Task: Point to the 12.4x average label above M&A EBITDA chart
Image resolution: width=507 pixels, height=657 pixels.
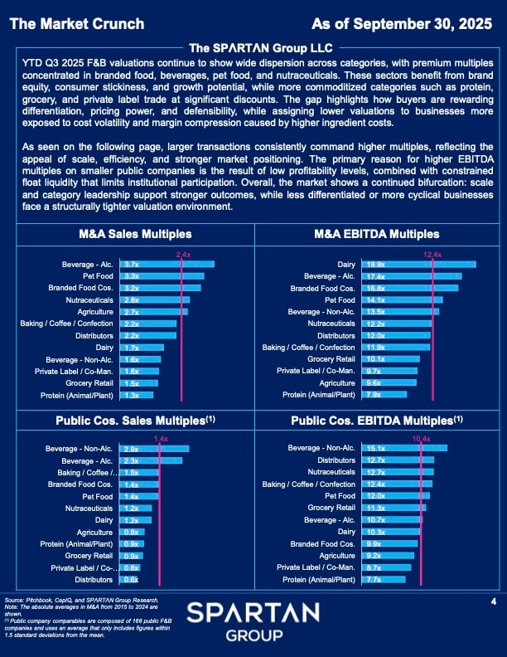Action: pyautogui.click(x=432, y=254)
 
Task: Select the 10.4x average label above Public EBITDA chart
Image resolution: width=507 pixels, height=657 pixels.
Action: pyautogui.click(x=421, y=438)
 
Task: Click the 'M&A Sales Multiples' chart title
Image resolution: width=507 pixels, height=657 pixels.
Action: pyautogui.click(x=135, y=235)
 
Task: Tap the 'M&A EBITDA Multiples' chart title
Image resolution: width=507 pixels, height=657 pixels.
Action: pyautogui.click(x=377, y=235)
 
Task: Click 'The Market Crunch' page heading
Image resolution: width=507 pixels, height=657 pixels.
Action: pyautogui.click(x=77, y=23)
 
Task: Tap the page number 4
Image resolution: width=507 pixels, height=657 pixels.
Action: pyautogui.click(x=493, y=601)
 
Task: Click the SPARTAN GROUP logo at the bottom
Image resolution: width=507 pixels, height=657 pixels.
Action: pyautogui.click(x=253, y=620)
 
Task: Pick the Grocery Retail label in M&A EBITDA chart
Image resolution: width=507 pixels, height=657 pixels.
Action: pyautogui.click(x=331, y=359)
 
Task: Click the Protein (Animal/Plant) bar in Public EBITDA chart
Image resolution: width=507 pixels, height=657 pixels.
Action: pyautogui.click(x=385, y=579)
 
